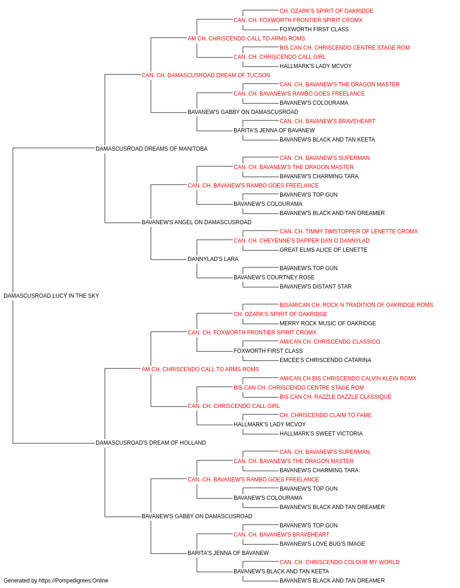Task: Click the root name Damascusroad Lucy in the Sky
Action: [51, 296]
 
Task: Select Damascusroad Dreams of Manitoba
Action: [151, 149]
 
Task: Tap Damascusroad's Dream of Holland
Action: [150, 443]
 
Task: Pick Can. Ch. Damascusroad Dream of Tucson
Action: [206, 75]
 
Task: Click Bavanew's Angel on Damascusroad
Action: [196, 222]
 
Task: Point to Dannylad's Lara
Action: [213, 259]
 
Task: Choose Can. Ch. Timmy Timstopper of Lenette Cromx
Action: [349, 232]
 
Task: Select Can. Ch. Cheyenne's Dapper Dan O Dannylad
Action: [301, 241]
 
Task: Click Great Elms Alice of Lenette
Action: [323, 250]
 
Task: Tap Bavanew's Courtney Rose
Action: [274, 277]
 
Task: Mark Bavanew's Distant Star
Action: [316, 287]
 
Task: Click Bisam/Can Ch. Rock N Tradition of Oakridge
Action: [356, 305]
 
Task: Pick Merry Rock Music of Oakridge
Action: [328, 323]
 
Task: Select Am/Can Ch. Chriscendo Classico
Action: [330, 342]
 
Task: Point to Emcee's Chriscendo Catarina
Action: [325, 360]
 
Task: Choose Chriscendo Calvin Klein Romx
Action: [348, 379]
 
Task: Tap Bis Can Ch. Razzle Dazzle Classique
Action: [335, 397]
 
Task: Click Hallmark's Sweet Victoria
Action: [321, 434]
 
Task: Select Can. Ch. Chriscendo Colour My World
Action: [339, 562]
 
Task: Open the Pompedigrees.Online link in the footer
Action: [73, 581]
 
